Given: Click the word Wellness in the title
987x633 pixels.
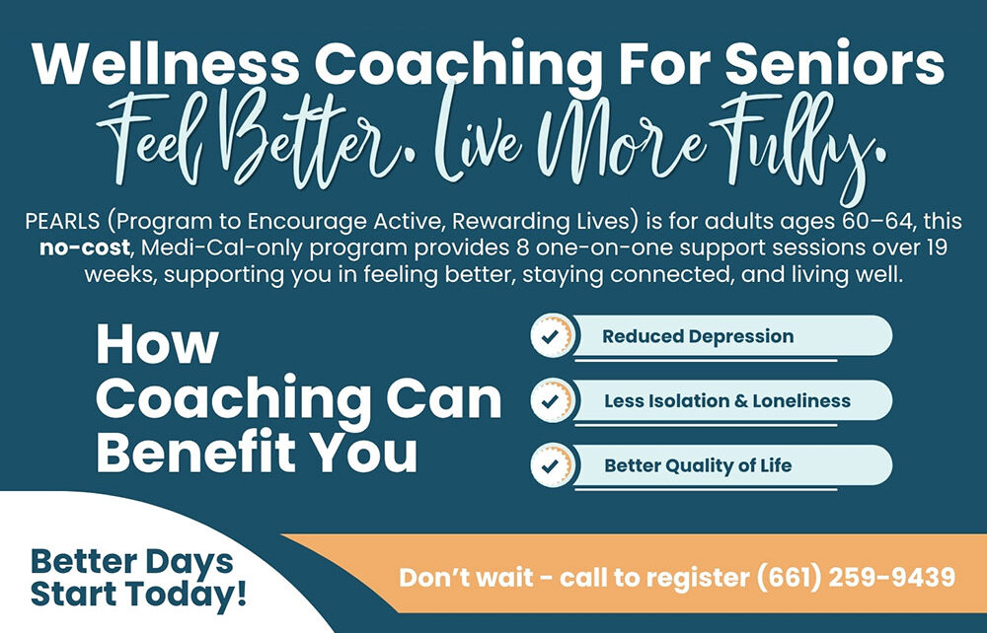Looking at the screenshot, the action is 166,63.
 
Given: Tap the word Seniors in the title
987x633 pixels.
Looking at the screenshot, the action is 835,63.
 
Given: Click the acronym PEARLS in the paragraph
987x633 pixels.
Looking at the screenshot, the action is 62,221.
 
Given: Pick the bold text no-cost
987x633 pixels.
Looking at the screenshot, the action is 84,247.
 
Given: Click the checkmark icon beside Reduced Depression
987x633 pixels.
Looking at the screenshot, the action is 551,336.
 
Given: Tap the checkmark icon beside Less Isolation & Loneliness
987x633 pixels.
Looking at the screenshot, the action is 551,401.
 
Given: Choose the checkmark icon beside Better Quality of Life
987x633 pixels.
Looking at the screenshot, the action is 551,465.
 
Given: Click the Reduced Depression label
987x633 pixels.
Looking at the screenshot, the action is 698,337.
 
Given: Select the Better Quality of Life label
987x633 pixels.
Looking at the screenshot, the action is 698,465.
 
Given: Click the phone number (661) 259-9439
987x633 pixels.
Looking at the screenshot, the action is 856,577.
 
